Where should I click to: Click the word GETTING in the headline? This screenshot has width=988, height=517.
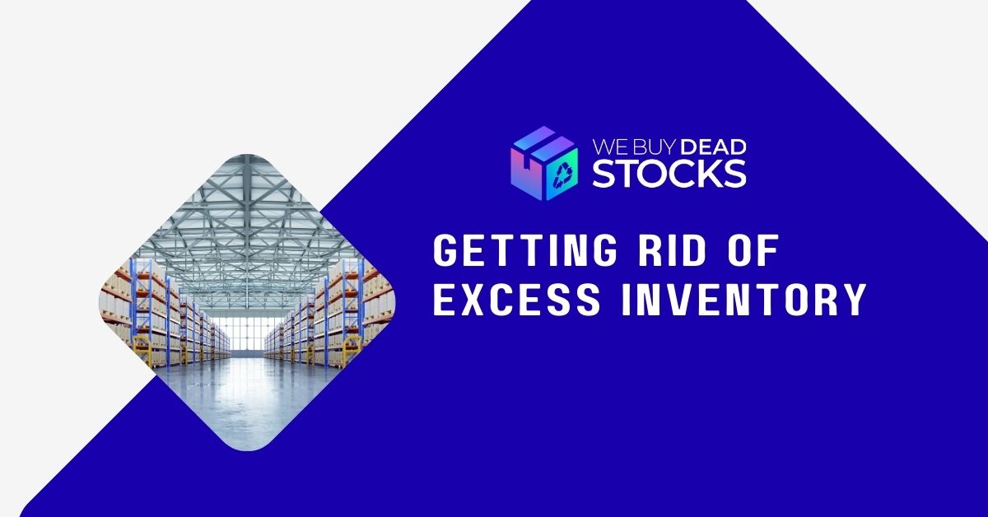(525, 250)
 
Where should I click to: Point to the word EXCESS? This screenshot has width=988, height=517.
(516, 299)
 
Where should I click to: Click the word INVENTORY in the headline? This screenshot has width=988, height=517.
(744, 299)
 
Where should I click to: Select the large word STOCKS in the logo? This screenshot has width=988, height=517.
(669, 174)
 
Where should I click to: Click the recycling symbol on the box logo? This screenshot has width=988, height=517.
(564, 175)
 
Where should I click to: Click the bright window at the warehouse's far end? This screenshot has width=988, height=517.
(247, 334)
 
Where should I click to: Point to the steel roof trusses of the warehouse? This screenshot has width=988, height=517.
(247, 221)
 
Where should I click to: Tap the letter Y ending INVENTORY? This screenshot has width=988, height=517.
(855, 299)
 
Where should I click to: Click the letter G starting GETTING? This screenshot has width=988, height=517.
(445, 250)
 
